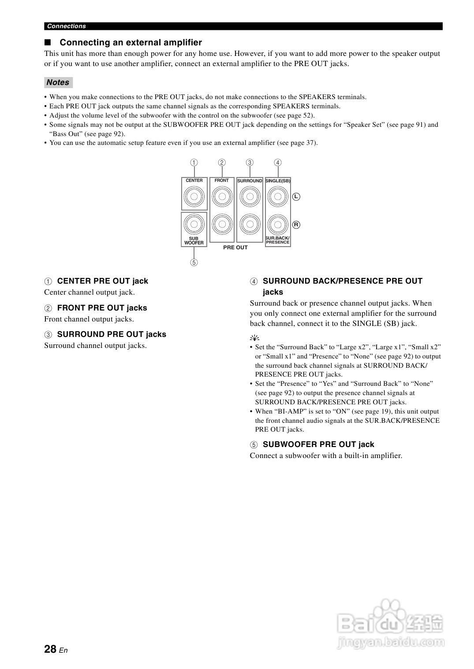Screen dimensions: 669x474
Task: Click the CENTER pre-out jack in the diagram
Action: [194, 196]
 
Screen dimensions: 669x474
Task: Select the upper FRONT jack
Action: [222, 196]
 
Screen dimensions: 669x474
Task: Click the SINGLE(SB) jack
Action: [277, 196]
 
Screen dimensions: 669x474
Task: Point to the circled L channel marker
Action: [296, 197]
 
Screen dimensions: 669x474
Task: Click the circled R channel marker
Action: [296, 225]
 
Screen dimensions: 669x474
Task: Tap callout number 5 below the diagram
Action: [194, 262]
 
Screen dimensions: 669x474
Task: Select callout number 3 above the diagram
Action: [250, 163]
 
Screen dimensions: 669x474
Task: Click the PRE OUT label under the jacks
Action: [235, 248]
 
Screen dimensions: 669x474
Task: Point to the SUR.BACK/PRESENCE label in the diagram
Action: [278, 240]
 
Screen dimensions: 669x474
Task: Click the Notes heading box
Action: [58, 82]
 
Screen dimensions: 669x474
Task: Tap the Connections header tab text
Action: [67, 26]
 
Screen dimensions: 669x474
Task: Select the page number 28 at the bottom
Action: [50, 649]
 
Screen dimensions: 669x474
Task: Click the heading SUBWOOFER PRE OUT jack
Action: [318, 444]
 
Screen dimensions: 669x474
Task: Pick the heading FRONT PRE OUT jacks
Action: [102, 308]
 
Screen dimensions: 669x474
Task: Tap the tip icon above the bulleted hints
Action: [254, 338]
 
